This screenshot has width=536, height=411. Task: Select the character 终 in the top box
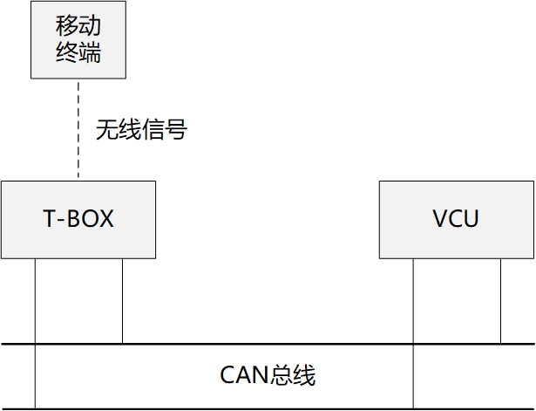pos(66,52)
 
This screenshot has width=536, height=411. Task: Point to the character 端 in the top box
pos(90,52)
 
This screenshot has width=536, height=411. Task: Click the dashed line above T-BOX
pos(78,131)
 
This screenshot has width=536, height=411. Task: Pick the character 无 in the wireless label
pos(107,132)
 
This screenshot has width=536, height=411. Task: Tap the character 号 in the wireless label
pos(177,132)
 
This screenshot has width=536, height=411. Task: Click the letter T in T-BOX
pos(49,218)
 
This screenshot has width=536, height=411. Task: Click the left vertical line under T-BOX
pos(35,301)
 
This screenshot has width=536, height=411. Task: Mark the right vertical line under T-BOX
pos(122,301)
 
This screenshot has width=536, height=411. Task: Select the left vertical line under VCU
pos(414,301)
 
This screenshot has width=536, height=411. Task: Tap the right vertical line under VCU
pos(501,301)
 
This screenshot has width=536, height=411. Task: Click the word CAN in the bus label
pos(243,376)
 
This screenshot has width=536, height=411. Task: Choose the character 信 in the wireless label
pos(153,132)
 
